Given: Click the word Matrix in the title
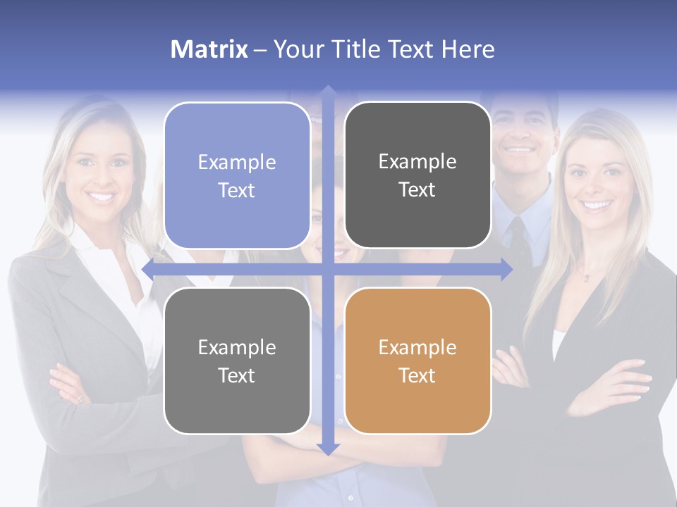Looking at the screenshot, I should [x=209, y=49].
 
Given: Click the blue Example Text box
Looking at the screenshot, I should [x=237, y=175].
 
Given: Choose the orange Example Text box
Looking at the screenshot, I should [x=417, y=361].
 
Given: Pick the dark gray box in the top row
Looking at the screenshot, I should [x=417, y=175].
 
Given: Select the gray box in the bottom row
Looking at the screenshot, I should [x=237, y=361].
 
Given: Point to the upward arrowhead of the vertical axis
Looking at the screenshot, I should [x=328, y=92].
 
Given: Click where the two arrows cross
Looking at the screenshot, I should [x=328, y=268].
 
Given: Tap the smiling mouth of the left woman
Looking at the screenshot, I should [x=103, y=196].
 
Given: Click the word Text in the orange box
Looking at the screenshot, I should [x=417, y=375].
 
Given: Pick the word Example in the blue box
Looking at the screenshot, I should [x=237, y=162].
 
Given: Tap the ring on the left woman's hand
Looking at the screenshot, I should [x=80, y=399].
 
